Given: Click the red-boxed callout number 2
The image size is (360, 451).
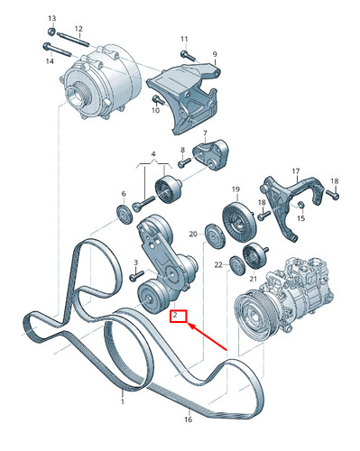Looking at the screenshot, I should coord(178,317).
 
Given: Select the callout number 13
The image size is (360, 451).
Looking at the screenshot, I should coord(51,19).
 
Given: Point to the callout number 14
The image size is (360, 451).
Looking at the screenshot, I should coord(51,60).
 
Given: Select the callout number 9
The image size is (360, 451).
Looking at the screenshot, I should coord(215,54).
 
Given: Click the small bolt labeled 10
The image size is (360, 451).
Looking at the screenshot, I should coord(155,98).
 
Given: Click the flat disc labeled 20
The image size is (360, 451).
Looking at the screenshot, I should coord(214,238).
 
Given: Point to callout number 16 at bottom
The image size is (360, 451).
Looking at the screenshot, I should coord(189,419).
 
